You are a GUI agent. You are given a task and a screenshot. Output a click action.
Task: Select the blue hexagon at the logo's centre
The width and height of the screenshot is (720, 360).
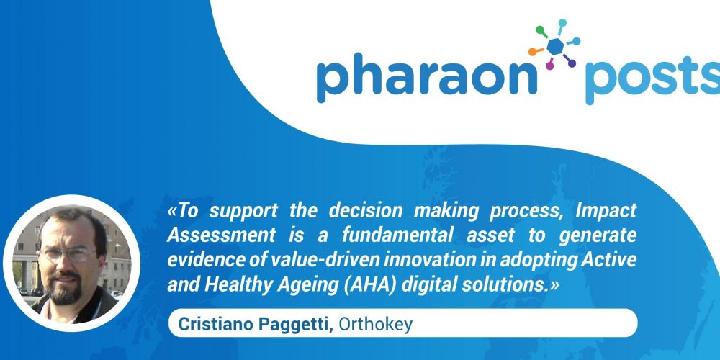tap(556, 46)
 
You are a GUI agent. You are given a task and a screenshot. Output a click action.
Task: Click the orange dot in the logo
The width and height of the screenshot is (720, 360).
tap(533, 52)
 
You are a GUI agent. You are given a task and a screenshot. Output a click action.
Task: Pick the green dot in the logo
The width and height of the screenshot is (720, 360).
tap(540, 30)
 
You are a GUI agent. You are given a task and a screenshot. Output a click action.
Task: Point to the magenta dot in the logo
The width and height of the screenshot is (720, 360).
tap(549, 66)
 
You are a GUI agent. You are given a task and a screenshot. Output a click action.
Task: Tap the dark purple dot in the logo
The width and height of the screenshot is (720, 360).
tap(572, 63)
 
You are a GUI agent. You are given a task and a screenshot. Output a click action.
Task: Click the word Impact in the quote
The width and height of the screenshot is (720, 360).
tap(606, 211)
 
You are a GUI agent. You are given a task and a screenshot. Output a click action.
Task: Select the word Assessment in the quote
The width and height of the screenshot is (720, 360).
tap(221, 235)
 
